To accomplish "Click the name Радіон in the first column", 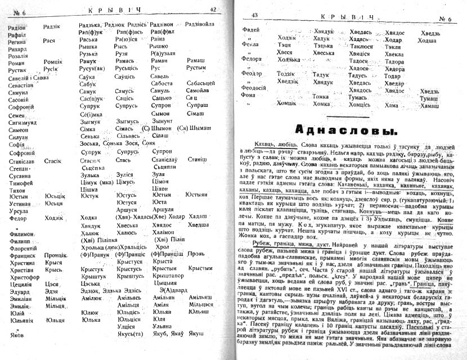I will pos(17,25).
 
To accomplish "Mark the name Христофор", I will pos(23,276).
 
